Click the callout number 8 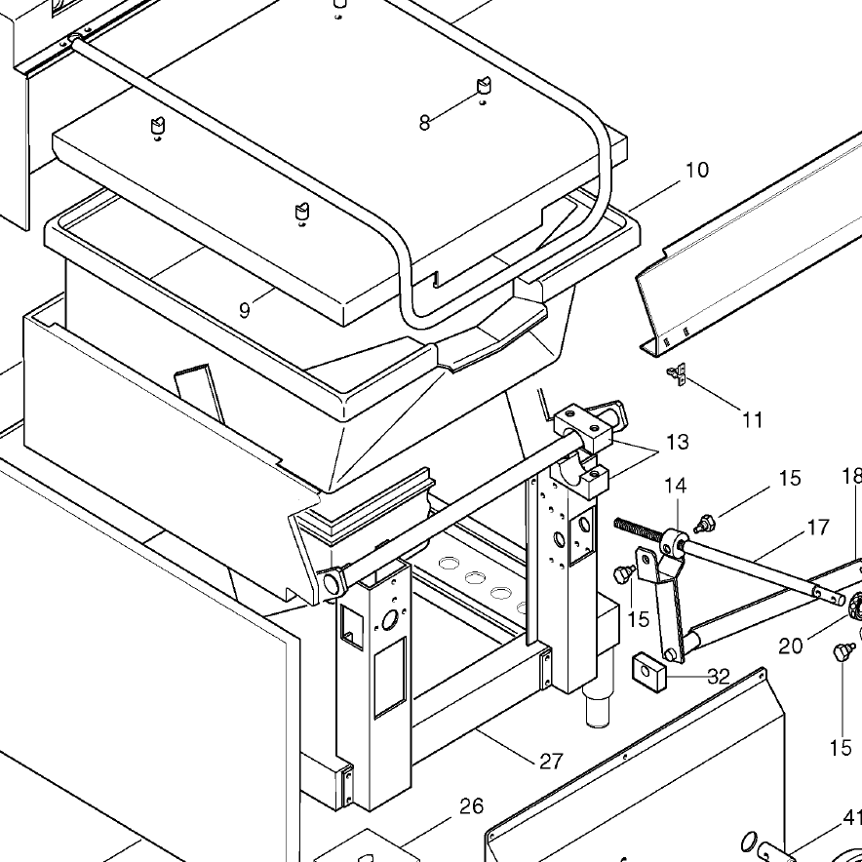(x=424, y=124)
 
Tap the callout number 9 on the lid (x=245, y=310)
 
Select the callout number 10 (x=696, y=170)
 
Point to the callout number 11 (x=752, y=420)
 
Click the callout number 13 (x=677, y=442)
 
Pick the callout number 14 (x=676, y=485)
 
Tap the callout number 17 (x=818, y=528)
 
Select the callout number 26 (x=471, y=806)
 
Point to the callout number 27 (x=551, y=761)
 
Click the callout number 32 (x=719, y=676)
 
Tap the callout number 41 (x=851, y=817)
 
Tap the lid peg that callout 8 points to (x=483, y=88)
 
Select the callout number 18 (x=851, y=476)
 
